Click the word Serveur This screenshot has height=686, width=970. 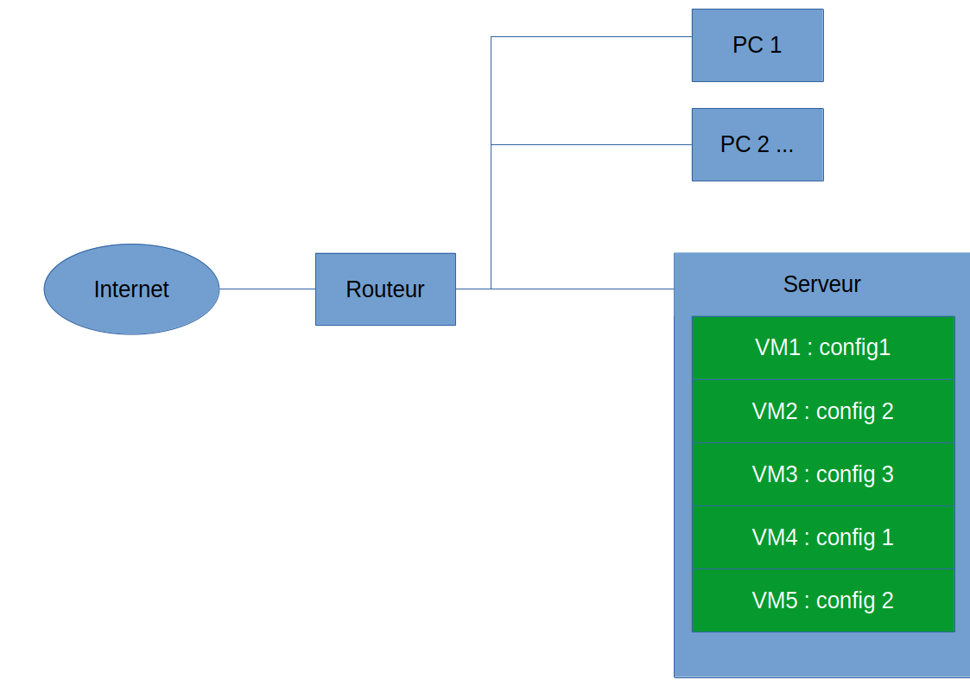pos(821,284)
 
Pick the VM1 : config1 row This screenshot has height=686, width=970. pos(822,347)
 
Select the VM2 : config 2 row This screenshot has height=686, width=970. pos(822,411)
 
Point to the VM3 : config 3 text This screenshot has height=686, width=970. pos(822,474)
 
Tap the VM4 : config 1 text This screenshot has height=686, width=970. pos(822,537)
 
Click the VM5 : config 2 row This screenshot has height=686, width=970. pos(822,600)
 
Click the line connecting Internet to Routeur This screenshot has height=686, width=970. pos(267,289)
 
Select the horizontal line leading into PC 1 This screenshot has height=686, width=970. pos(592,37)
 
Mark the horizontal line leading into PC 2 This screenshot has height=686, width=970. pos(592,144)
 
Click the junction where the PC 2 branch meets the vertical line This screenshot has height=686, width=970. pos(491,144)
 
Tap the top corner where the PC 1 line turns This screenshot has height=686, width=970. pos(491,37)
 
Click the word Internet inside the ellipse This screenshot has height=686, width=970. pos(131,289)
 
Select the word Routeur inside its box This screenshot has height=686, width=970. pos(384,289)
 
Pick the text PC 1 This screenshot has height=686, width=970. pos(758,45)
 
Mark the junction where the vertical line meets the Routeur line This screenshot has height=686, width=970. pos(491,289)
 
